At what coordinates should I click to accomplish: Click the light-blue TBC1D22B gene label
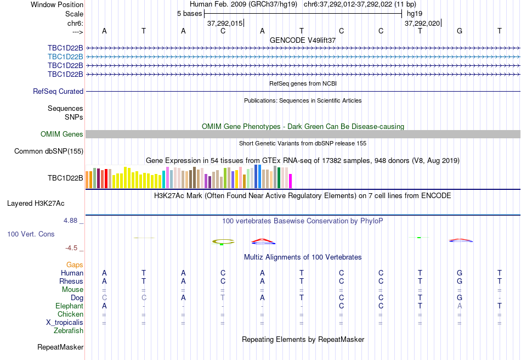[x=65, y=57]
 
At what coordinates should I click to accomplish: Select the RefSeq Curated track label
[x=58, y=92]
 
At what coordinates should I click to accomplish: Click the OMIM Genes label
[x=62, y=134]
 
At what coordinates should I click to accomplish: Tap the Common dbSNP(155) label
[x=49, y=151]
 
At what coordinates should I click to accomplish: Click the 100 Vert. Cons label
[x=31, y=234]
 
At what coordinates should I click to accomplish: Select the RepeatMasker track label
[x=60, y=347]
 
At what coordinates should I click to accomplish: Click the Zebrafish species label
[x=69, y=331]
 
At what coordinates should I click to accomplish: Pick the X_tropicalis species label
[x=65, y=323]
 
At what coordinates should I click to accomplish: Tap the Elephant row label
[x=69, y=306]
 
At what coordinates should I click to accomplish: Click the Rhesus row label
[x=71, y=282]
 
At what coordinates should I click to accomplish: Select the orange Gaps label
[x=75, y=265]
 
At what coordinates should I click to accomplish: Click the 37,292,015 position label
[x=224, y=24]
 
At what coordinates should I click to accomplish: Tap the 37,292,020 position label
[x=422, y=24]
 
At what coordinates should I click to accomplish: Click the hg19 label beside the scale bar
[x=414, y=14]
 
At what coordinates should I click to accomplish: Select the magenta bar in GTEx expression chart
[x=291, y=181]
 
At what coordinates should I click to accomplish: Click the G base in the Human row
[x=460, y=273]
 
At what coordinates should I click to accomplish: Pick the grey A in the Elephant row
[x=460, y=306]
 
